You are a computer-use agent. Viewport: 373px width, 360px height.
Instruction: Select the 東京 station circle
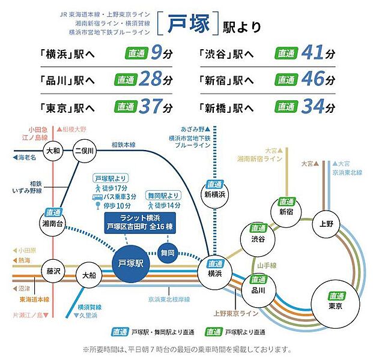[335, 302]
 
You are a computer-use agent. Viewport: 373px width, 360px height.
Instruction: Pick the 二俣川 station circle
[84, 151]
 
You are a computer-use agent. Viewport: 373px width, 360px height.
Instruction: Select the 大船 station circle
[89, 275]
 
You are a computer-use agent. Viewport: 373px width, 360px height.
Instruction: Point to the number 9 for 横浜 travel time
[157, 54]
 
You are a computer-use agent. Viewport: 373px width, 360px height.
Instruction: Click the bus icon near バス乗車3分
[97, 196]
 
